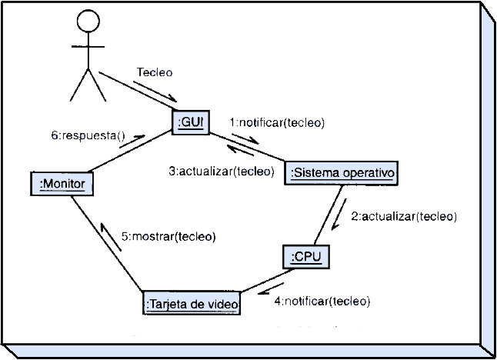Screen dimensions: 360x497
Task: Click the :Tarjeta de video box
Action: pyautogui.click(x=192, y=305)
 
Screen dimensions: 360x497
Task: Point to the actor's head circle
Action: pyautogui.click(x=88, y=21)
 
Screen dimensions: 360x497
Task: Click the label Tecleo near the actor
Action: pyautogui.click(x=155, y=72)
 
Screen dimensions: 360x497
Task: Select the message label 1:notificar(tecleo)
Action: pyautogui.click(x=277, y=122)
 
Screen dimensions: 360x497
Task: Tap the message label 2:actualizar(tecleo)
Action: pyautogui.click(x=404, y=216)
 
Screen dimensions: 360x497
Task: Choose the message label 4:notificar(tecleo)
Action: pyautogui.click(x=322, y=300)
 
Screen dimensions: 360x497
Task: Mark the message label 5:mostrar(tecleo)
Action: pyautogui.click(x=168, y=236)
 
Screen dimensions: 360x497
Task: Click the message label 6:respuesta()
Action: pyautogui.click(x=88, y=135)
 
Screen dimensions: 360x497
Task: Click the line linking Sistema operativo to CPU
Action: pyautogui.click(x=331, y=215)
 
